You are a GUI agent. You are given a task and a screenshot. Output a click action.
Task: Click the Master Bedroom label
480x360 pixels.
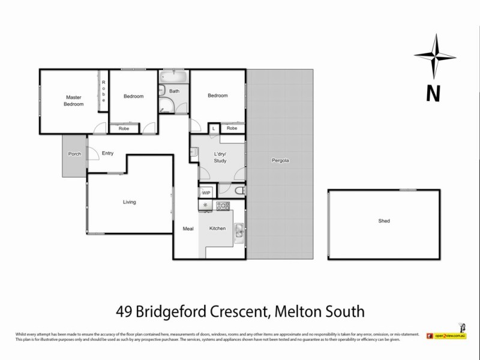click(74, 100)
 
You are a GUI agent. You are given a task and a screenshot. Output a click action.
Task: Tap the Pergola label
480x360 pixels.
click(280, 161)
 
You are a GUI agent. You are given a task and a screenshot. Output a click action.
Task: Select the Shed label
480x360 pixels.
click(384, 221)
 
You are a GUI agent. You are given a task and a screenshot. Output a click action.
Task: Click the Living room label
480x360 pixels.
click(129, 202)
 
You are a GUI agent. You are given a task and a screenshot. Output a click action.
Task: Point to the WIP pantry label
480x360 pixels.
click(206, 193)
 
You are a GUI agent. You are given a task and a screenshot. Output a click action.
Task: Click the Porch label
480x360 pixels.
click(74, 154)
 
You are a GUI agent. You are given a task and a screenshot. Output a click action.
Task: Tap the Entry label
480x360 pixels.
click(107, 153)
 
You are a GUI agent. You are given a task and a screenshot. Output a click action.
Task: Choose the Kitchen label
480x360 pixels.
click(217, 229)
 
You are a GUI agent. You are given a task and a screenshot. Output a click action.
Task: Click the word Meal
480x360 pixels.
click(188, 229)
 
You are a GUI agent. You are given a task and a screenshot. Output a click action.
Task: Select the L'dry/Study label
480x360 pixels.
click(220, 158)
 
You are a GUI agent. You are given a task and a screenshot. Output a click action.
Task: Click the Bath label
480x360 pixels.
click(174, 91)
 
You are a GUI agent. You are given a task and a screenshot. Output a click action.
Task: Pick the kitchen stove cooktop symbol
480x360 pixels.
click(223, 206)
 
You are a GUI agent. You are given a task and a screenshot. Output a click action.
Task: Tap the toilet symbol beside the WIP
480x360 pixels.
click(238, 191)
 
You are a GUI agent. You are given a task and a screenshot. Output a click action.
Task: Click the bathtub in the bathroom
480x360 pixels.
click(174, 77)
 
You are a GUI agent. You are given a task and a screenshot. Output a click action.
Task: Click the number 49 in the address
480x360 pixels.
click(124, 312)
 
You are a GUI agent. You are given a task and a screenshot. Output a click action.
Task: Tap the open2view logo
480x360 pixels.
click(446, 336)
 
